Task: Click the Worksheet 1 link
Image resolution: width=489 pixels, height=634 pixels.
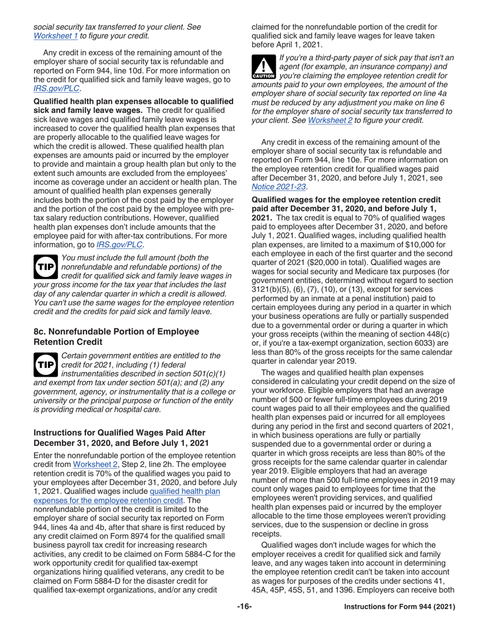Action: click(51, 36)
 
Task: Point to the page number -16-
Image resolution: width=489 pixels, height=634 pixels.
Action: click(244, 621)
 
